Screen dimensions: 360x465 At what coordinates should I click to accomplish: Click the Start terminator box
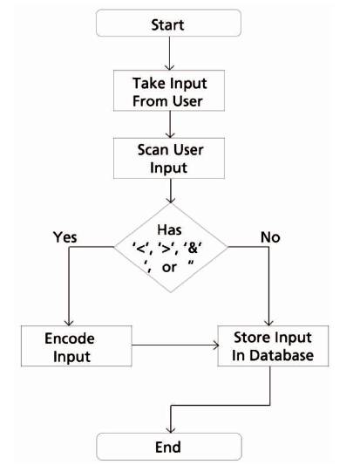pyautogui.click(x=168, y=24)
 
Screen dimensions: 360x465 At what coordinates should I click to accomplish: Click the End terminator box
pyautogui.click(x=169, y=447)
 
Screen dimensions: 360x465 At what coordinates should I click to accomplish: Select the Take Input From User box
pyautogui.click(x=169, y=91)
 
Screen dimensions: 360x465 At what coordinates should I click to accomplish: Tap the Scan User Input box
pyautogui.click(x=169, y=159)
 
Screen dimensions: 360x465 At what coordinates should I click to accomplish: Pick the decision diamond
pyautogui.click(x=170, y=248)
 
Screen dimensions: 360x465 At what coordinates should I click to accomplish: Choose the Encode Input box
pyautogui.click(x=77, y=346)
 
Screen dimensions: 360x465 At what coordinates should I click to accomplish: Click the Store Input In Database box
pyautogui.click(x=273, y=345)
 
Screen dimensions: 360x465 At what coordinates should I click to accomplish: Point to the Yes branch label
pyautogui.click(x=65, y=237)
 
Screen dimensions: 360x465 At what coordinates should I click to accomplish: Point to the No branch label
pyautogui.click(x=270, y=237)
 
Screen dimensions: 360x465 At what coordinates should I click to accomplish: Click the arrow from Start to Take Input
pyautogui.click(x=169, y=53)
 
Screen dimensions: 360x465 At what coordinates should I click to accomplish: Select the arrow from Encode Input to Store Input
pyautogui.click(x=175, y=345)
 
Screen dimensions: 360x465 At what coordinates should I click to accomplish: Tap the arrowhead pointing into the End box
pyautogui.click(x=170, y=430)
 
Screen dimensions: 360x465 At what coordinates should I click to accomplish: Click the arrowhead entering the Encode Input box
pyautogui.click(x=69, y=322)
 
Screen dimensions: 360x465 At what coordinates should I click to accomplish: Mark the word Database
pyautogui.click(x=282, y=355)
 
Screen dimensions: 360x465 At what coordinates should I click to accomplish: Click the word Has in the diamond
pyautogui.click(x=169, y=229)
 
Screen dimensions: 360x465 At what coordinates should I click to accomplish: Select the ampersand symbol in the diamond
pyautogui.click(x=193, y=248)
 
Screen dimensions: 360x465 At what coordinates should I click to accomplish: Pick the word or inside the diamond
pyautogui.click(x=169, y=268)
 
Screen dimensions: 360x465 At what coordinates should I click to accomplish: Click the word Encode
pyautogui.click(x=70, y=338)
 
